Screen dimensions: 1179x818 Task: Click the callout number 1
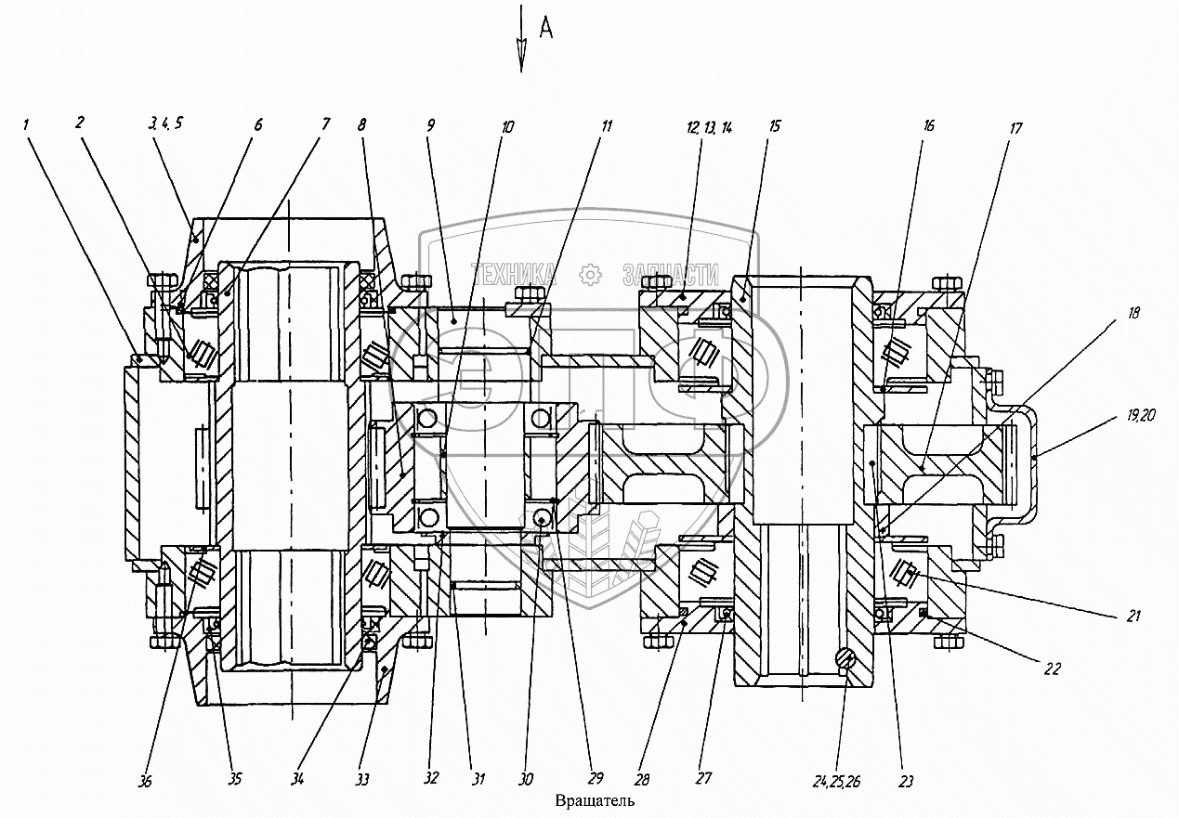tap(26, 124)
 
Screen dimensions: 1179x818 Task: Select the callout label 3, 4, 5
tap(165, 123)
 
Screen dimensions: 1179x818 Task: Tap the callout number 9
tap(431, 125)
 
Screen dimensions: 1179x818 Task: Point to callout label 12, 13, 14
tap(709, 127)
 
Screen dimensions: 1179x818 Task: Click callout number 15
tap(774, 126)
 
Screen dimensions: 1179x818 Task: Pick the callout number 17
tap(1015, 128)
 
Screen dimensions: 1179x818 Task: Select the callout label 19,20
tap(1141, 416)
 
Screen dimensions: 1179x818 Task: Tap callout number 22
tap(1052, 669)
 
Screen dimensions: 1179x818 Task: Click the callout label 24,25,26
tap(836, 782)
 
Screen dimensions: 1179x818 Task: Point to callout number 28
tap(642, 780)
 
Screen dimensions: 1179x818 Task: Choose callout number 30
tap(526, 780)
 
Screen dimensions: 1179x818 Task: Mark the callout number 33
tap(362, 780)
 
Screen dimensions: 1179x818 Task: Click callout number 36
tap(145, 782)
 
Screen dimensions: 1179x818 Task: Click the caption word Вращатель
tap(595, 801)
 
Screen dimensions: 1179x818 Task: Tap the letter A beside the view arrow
tap(546, 30)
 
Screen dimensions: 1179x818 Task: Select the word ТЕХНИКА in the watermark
tap(513, 275)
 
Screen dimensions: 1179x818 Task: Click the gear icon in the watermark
tap(589, 275)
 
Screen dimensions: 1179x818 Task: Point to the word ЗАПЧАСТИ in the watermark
tap(671, 275)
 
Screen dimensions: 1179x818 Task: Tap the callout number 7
tap(326, 124)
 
